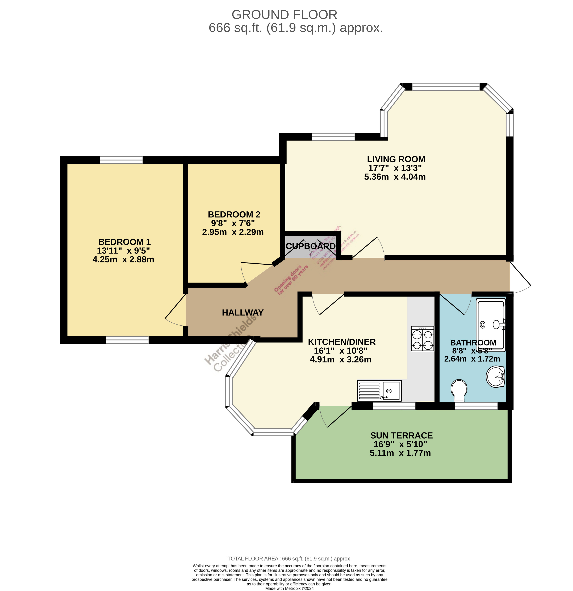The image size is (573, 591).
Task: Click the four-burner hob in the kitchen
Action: [423, 339]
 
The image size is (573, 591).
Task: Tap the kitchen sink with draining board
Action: [379, 390]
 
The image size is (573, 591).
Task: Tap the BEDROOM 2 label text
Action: [234, 214]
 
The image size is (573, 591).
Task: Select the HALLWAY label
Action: [243, 312]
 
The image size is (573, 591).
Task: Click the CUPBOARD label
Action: [311, 246]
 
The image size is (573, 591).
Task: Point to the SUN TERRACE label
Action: [401, 435]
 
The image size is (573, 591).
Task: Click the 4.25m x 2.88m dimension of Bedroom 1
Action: [123, 259]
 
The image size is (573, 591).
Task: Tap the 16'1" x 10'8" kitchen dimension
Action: [341, 351]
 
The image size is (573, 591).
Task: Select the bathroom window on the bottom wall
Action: [476, 406]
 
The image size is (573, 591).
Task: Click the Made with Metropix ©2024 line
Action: [289, 588]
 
